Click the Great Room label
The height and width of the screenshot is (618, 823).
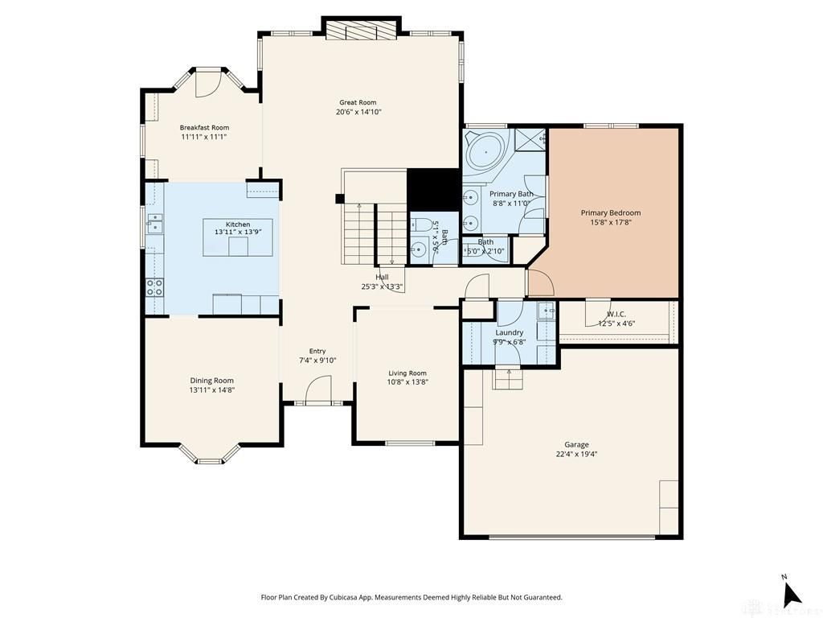point(358,102)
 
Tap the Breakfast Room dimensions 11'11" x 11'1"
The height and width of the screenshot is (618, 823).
point(204,137)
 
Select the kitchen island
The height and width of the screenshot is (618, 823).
point(238,237)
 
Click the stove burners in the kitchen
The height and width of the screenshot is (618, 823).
point(154,287)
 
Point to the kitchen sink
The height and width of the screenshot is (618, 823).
point(155,223)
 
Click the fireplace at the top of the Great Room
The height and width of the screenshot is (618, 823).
point(362,30)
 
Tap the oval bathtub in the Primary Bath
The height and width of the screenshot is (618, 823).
point(486,150)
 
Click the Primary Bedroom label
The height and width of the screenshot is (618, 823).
point(611,212)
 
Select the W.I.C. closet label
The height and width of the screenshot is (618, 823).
point(616,315)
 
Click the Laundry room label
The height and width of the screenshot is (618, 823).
point(509,332)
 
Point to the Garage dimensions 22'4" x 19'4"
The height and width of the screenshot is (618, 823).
point(577,455)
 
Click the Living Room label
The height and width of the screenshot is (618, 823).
point(407,373)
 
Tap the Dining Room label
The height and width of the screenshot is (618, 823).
point(212,381)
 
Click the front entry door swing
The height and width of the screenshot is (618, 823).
point(318,389)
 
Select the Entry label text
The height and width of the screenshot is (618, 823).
point(317,351)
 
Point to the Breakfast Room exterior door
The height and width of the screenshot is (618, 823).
point(208,83)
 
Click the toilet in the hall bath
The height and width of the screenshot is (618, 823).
point(421,225)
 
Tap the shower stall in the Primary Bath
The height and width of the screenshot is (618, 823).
point(530,140)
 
